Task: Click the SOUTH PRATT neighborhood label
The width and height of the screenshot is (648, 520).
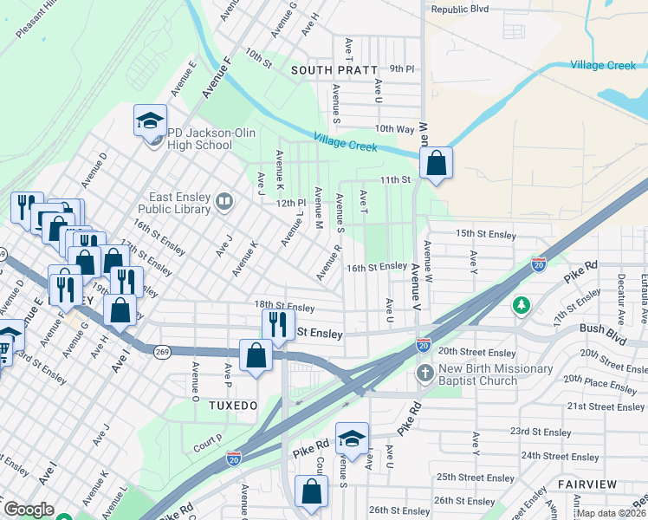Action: (x=334, y=69)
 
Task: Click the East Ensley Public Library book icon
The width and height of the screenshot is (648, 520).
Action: (x=224, y=202)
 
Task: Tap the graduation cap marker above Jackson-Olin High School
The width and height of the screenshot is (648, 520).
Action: (x=150, y=120)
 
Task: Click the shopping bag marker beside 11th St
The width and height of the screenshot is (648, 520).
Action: (x=436, y=162)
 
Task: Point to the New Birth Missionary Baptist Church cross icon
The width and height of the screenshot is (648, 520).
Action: (x=424, y=372)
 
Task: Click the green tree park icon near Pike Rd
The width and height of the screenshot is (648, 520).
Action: (x=521, y=305)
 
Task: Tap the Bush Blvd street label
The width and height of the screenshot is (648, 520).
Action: (x=603, y=329)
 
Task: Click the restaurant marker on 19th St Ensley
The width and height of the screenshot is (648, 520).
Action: (x=277, y=325)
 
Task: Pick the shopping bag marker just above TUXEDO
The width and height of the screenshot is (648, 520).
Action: (x=256, y=355)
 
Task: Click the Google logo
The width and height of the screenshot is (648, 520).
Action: (x=29, y=510)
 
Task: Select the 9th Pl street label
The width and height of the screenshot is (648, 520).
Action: (x=402, y=68)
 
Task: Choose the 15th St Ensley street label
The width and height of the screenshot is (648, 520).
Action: (x=485, y=234)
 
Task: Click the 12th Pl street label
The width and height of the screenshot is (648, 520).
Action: (x=290, y=203)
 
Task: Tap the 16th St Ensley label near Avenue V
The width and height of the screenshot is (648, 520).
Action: (x=377, y=266)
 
